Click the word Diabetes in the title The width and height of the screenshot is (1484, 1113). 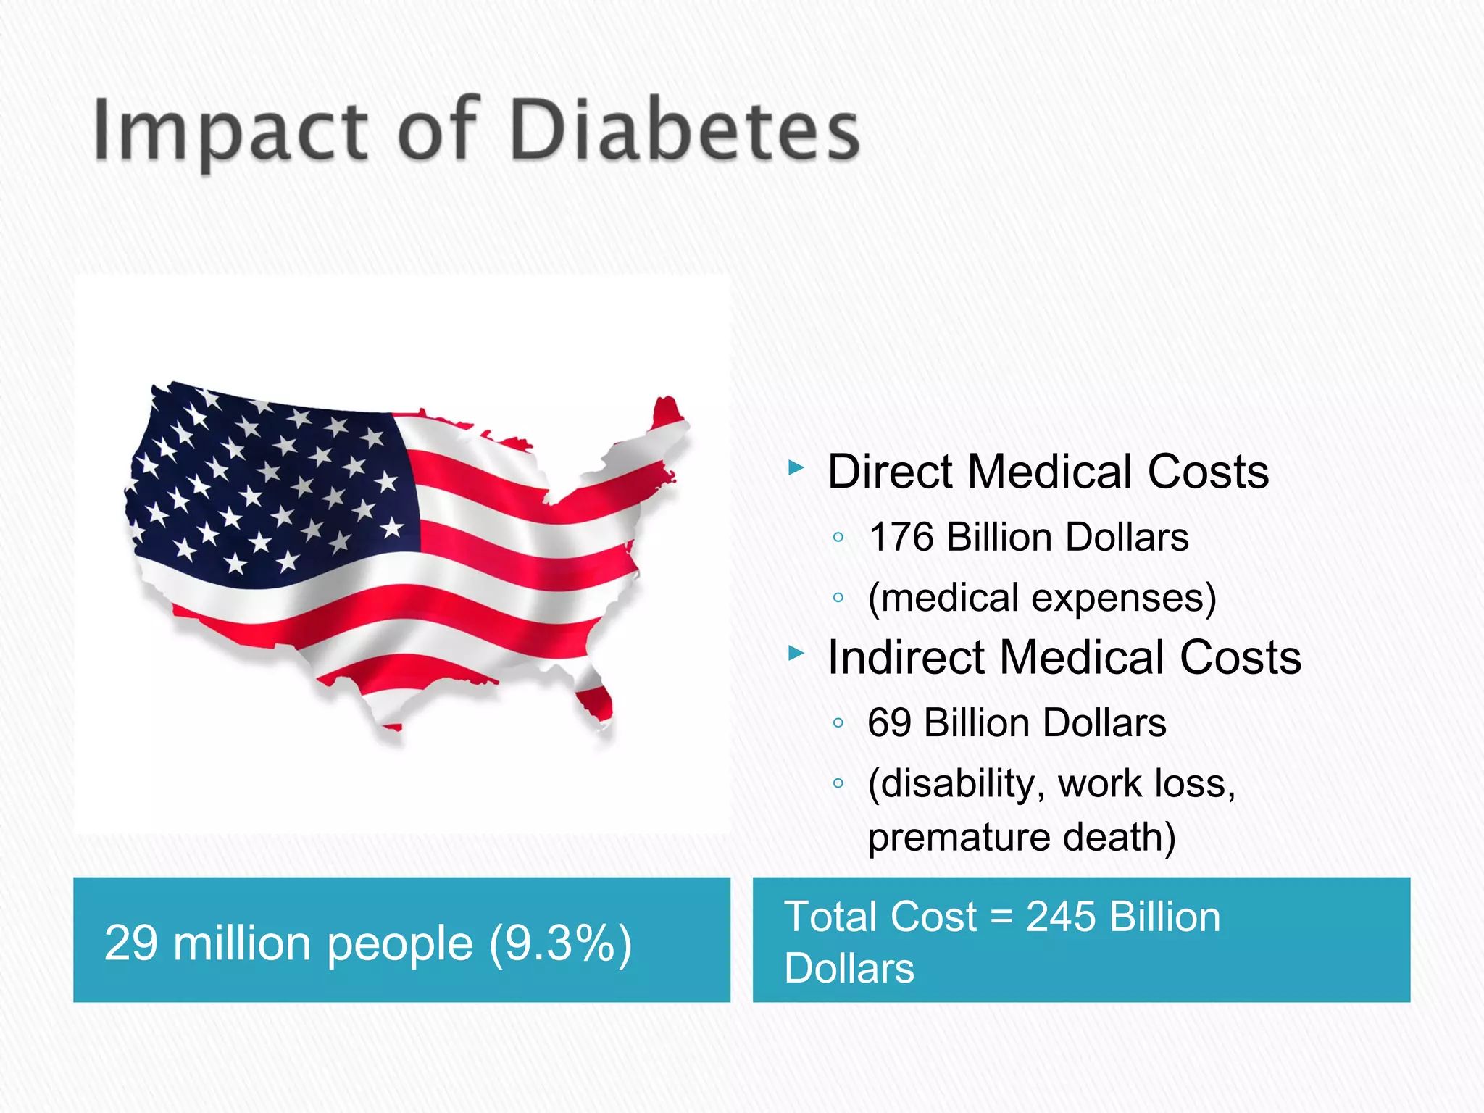point(685,130)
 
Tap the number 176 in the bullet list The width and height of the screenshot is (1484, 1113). point(901,538)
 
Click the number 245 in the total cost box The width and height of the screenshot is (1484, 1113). point(1061,917)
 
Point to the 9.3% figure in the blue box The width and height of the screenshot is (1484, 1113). point(559,943)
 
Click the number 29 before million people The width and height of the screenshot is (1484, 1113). point(131,943)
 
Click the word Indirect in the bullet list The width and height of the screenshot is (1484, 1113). point(906,658)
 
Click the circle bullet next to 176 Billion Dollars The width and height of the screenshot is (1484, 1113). point(838,538)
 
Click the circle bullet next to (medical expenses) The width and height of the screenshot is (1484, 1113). point(838,599)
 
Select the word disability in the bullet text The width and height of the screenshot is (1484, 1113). point(956,784)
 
